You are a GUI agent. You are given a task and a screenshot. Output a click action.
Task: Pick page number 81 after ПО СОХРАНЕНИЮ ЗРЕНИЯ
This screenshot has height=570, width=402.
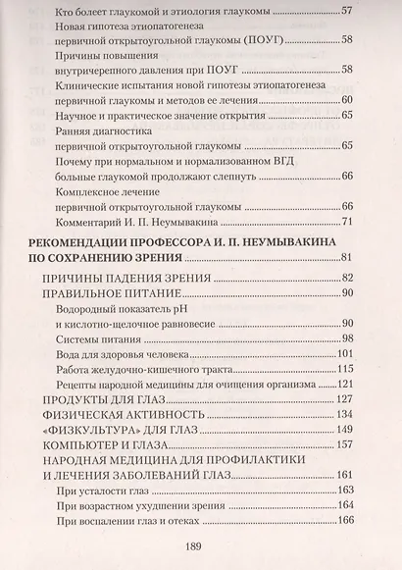pos(347,257)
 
